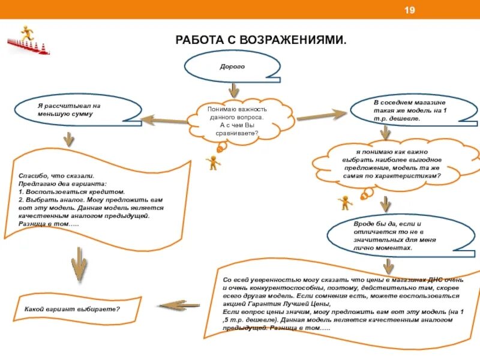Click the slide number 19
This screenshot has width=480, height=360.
410,10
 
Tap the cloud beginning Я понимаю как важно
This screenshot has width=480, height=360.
394,164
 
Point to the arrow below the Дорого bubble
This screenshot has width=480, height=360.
234,91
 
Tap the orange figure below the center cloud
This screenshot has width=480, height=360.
213,162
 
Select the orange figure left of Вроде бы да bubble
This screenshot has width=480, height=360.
345,202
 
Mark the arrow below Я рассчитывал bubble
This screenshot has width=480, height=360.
68,140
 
